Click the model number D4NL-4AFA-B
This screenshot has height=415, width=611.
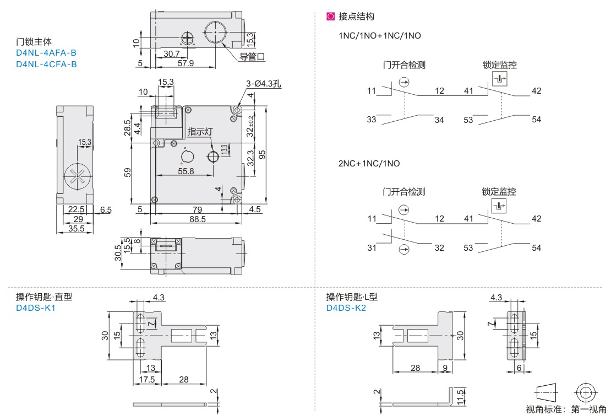[x=46, y=53]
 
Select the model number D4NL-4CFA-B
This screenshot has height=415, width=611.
[x=46, y=64]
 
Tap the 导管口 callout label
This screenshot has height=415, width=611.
[x=253, y=56]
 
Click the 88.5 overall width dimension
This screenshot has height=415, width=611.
[x=196, y=219]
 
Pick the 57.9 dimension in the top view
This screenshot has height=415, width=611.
[x=186, y=63]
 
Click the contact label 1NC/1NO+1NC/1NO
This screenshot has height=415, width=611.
[x=380, y=36]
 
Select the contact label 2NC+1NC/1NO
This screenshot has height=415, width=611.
[x=369, y=164]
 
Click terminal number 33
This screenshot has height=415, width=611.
[x=372, y=120]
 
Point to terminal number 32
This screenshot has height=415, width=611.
[x=439, y=248]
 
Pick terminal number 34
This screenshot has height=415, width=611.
[x=439, y=120]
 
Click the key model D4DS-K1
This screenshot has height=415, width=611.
[x=36, y=308]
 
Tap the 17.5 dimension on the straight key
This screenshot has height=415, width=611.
[x=146, y=380]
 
